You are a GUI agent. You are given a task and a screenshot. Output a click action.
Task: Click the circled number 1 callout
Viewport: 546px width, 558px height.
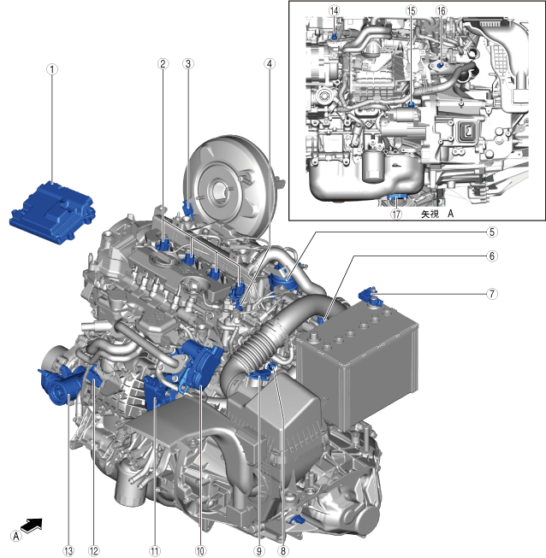pos(52,69)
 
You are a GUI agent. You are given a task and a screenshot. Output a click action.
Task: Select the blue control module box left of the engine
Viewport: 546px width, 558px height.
pos(52,212)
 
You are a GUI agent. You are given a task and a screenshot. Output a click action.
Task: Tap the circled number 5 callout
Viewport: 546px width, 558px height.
pos(492,232)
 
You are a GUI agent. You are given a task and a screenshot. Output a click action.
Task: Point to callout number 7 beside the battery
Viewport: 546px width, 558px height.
pos(492,294)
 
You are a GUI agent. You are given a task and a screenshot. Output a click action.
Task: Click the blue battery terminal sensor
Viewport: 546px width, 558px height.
pos(371,296)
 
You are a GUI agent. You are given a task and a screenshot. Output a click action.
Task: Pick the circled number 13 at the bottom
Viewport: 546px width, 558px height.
pos(68,551)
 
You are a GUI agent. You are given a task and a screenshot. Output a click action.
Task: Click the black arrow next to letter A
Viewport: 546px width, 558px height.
pos(32,525)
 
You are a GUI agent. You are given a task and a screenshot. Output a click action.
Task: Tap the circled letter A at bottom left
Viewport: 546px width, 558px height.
pos(15,536)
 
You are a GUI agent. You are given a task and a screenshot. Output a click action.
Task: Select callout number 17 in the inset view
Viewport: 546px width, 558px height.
pos(396,214)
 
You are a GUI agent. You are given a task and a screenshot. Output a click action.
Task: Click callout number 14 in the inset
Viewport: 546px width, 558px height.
pos(334,10)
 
